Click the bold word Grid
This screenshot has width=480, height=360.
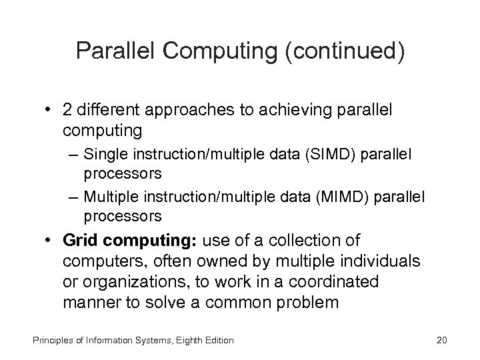[81, 239]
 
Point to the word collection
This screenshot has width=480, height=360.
[317, 239]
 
